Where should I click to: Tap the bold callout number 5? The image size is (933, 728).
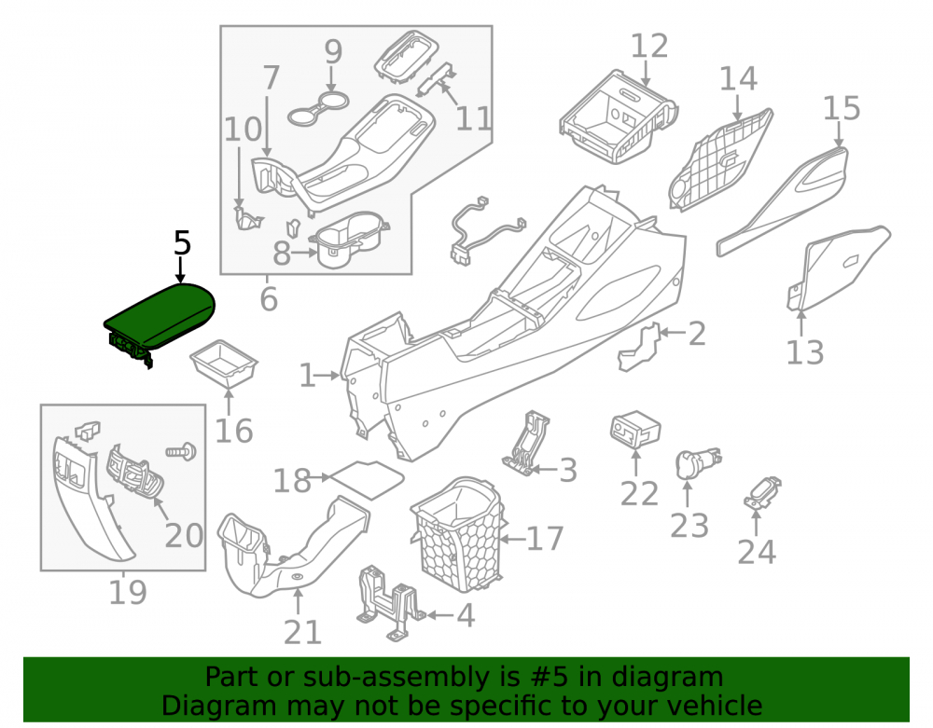pos(183,243)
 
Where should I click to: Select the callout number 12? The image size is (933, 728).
pos(649,47)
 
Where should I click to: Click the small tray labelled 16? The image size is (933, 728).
pos(223,364)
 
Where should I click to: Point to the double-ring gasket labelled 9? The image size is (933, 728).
pos(318,109)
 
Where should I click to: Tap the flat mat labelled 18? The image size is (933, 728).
pos(367,480)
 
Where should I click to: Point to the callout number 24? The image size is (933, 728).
pos(757,552)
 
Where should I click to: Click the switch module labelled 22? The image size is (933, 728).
pos(635,429)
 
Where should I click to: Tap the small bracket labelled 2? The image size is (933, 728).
pos(638,347)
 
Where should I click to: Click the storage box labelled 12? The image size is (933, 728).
pos(618,117)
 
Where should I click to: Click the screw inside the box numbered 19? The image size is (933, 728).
pos(182,452)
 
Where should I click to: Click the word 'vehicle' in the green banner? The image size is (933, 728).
pos(716,706)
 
